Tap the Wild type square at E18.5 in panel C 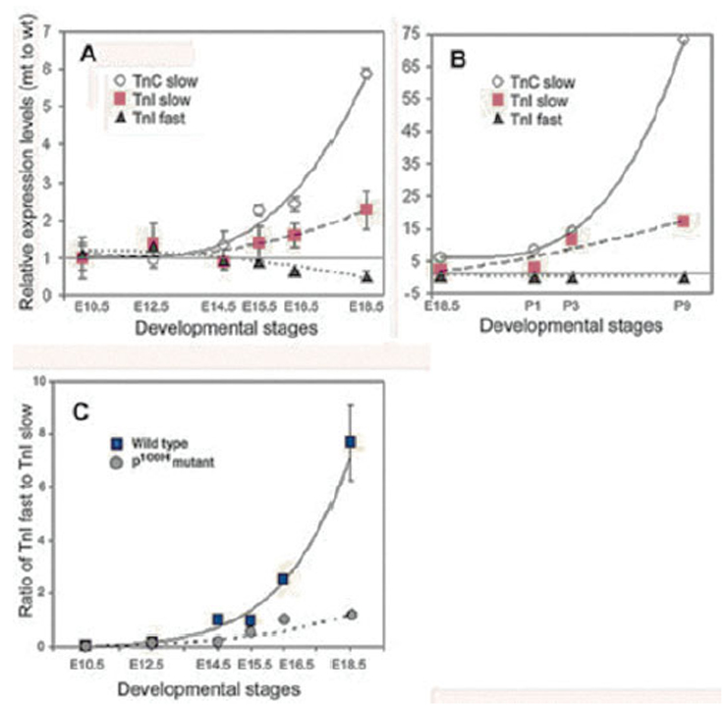pyautogui.click(x=350, y=442)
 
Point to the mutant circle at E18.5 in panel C pyautogui.click(x=351, y=615)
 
